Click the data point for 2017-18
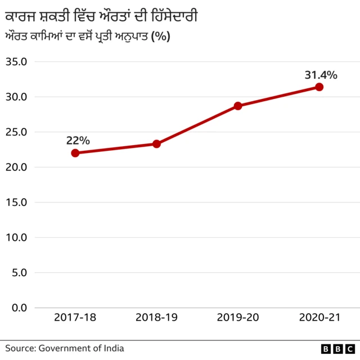tap(75, 153)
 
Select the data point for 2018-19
tap(156, 144)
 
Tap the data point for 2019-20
tap(238, 106)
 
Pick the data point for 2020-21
tap(319, 87)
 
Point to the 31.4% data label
tap(321, 74)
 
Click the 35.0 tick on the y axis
tap(16, 61)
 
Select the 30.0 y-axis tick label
tap(16, 97)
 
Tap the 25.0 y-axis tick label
tap(16, 132)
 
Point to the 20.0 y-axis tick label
tap(16, 167)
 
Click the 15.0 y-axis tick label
tap(16, 202)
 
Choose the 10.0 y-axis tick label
tap(16, 237)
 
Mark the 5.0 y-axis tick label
tap(18, 272)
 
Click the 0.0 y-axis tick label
tap(18, 308)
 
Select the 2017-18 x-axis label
tap(75, 318)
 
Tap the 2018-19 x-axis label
tap(156, 318)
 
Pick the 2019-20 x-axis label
tap(238, 318)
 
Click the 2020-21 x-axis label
tap(319, 318)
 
